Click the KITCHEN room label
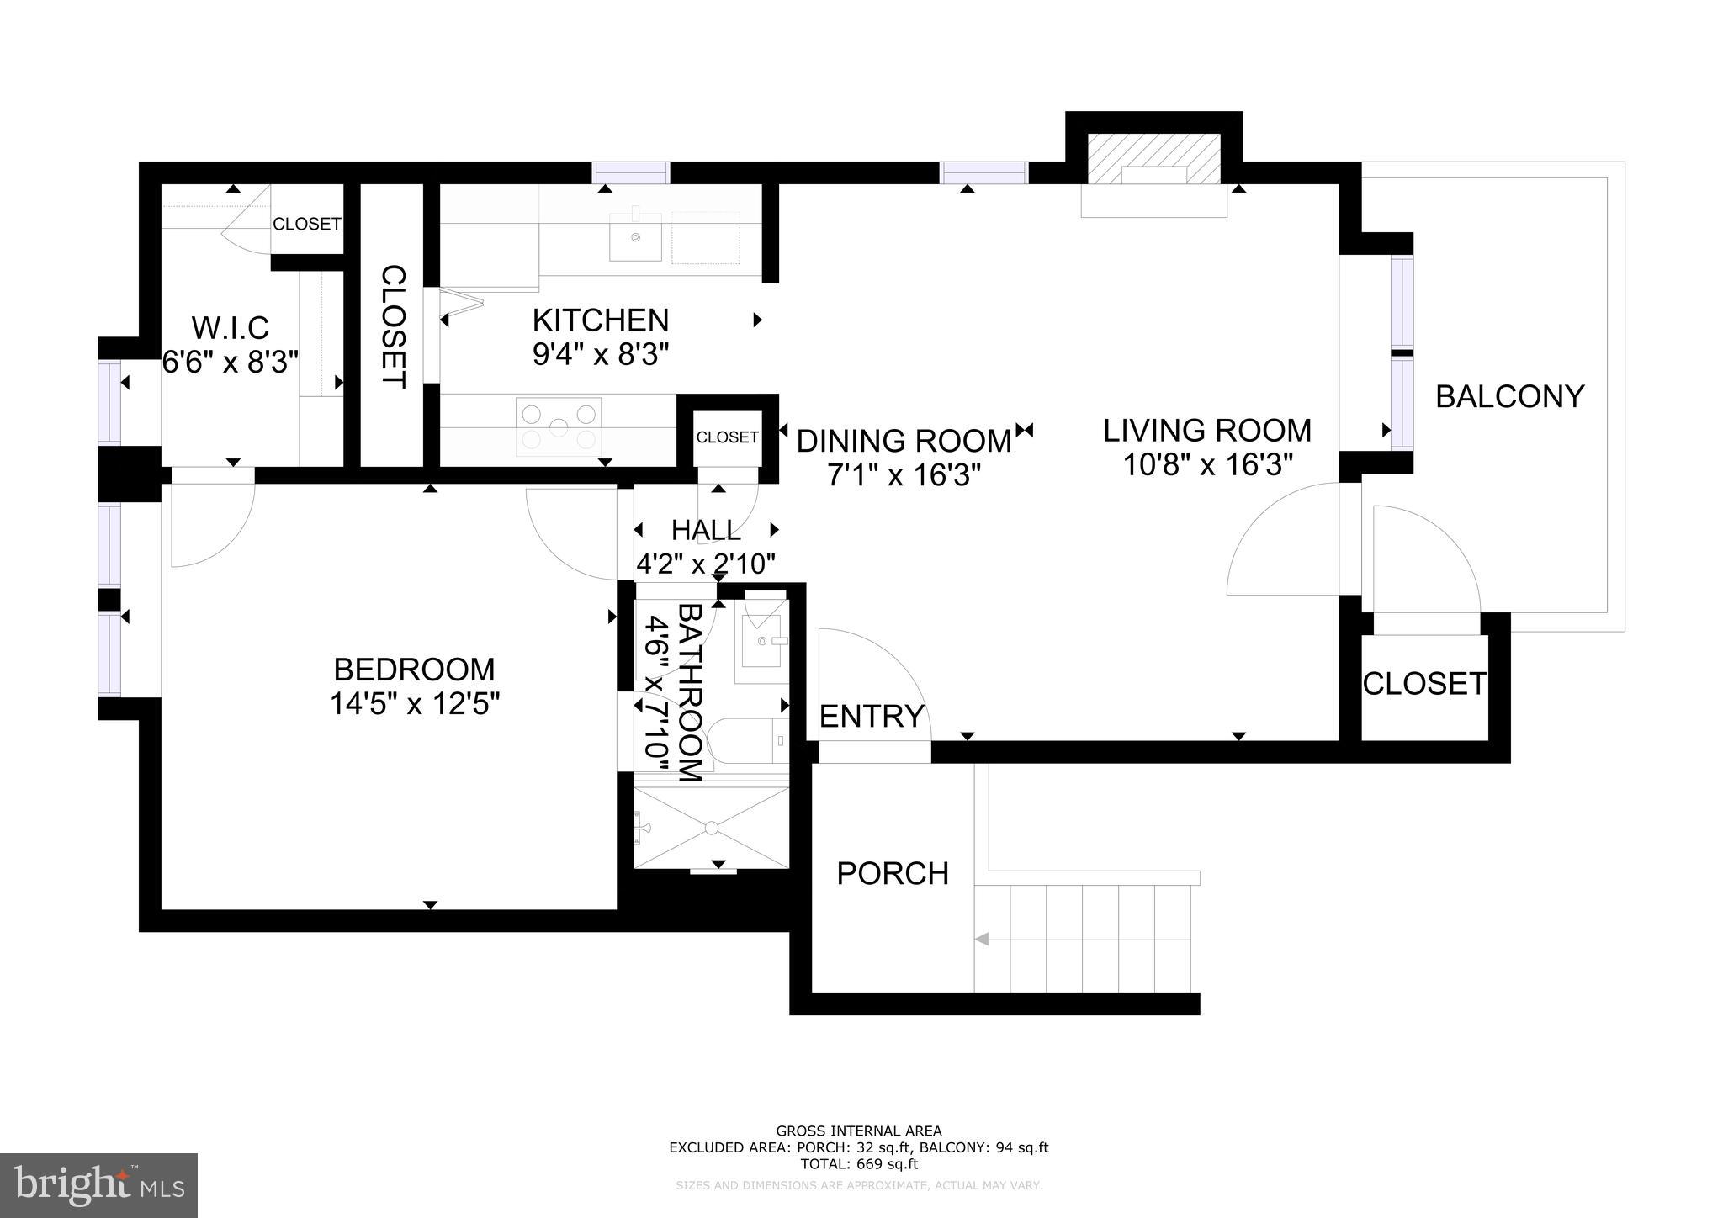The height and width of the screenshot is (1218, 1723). click(x=601, y=320)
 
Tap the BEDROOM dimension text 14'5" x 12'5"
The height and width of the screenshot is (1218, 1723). click(x=415, y=703)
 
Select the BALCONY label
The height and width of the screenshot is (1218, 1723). click(x=1509, y=396)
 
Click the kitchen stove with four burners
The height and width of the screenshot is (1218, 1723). click(x=559, y=426)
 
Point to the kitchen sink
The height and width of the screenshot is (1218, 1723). click(x=635, y=237)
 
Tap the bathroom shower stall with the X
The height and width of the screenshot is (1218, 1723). click(x=712, y=828)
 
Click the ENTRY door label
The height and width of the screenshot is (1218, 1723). click(x=872, y=717)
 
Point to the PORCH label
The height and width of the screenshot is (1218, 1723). click(x=893, y=874)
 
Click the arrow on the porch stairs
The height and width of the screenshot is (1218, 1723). click(x=981, y=939)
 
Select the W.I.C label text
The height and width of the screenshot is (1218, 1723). click(x=230, y=327)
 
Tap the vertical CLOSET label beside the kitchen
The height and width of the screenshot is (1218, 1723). click(x=393, y=327)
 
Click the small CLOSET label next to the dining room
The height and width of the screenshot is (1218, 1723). click(x=727, y=437)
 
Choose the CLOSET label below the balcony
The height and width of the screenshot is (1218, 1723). click(x=1424, y=684)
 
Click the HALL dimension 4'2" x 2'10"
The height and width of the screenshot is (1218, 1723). click(x=705, y=563)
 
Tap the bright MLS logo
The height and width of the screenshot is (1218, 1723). click(x=99, y=1185)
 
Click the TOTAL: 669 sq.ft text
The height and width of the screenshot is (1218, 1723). click(x=858, y=1164)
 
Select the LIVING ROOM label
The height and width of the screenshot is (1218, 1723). click(x=1207, y=431)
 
